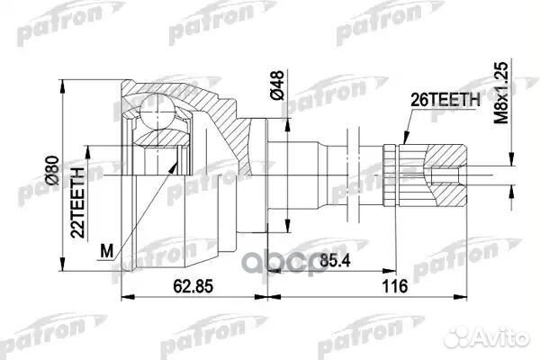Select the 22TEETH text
[x=80, y=200]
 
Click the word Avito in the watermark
[x=505, y=335]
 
